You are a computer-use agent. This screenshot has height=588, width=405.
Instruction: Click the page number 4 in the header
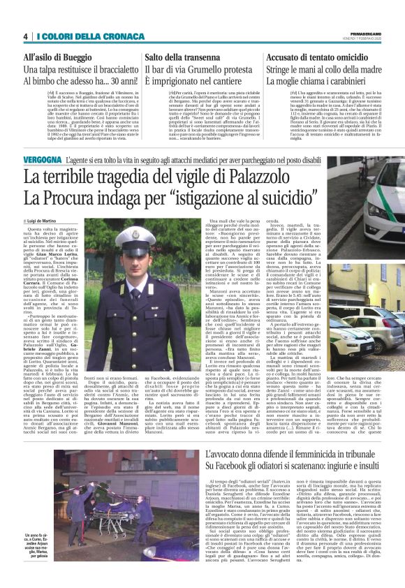click(25, 36)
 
